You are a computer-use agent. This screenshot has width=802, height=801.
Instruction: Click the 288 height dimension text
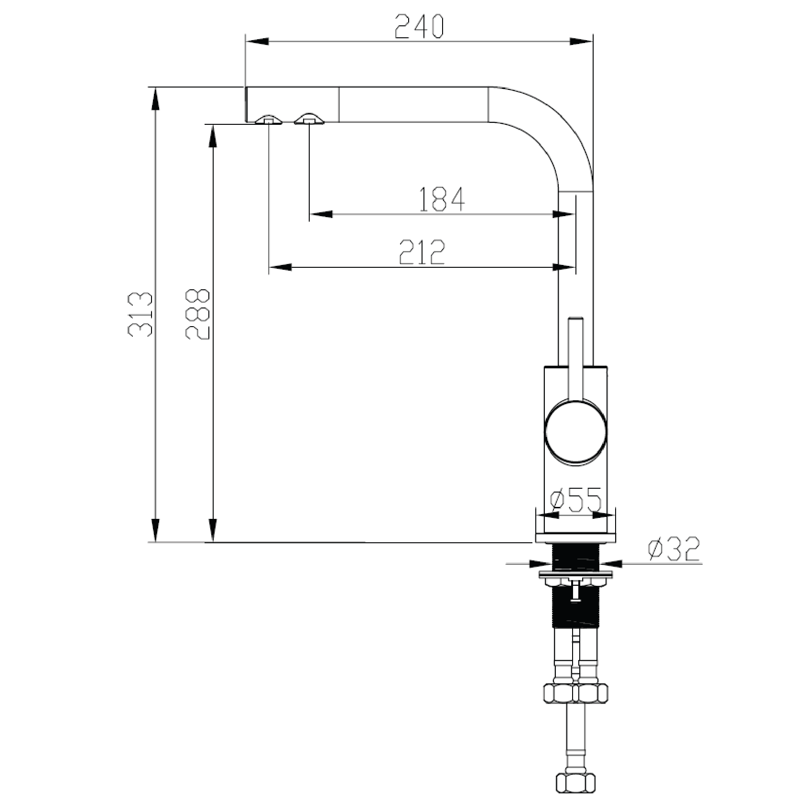[x=197, y=314]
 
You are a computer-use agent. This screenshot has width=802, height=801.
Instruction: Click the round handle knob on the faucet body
[x=576, y=433]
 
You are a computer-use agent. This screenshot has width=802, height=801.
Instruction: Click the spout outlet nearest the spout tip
[x=269, y=120]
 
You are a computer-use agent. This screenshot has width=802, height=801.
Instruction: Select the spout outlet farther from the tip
[x=309, y=120]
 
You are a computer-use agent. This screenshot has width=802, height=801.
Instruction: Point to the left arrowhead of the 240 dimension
[x=256, y=42]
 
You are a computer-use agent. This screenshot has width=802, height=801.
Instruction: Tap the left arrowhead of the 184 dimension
[x=321, y=214]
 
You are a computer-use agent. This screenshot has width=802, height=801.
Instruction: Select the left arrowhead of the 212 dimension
[x=280, y=266]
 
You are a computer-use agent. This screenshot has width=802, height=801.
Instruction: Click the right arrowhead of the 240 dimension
[x=581, y=42]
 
